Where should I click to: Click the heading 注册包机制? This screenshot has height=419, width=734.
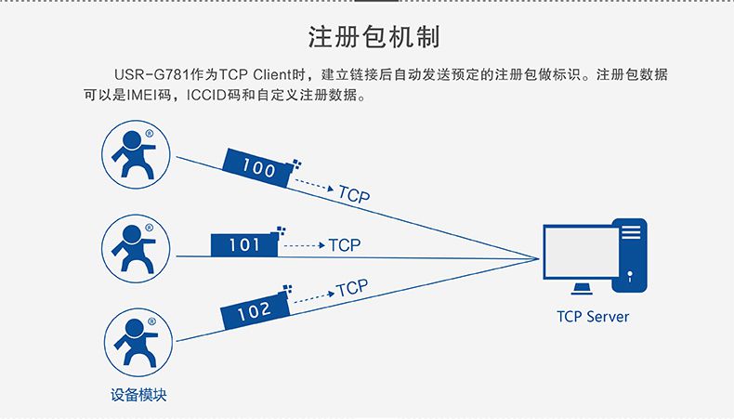coord(374,37)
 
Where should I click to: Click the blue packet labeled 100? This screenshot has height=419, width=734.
coord(259,167)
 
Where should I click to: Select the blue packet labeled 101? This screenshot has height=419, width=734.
coord(247,242)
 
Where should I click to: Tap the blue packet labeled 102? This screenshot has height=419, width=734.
coord(256,308)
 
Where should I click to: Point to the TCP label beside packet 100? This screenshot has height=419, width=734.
coord(354,194)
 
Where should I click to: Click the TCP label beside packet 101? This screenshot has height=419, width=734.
coord(345,245)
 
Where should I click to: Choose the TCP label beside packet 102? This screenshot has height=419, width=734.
coord(351,288)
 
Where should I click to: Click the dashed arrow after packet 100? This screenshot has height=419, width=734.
coord(314,185)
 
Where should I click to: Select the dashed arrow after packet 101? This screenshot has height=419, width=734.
coord(304,245)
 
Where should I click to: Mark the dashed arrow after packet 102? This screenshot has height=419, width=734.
coord(314,297)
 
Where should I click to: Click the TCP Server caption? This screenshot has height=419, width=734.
coord(593,317)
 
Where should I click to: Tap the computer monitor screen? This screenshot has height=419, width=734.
coord(582,252)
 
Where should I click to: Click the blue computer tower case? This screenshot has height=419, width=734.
coord(630,255)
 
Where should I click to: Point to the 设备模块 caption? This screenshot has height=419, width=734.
coord(138,395)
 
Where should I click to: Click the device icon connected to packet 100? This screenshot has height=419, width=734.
coord(136,154)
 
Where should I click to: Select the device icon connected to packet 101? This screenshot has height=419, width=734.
coord(136,249)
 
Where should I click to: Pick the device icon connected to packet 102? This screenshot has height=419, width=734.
coord(138,342)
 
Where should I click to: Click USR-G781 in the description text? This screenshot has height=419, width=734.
coord(151,74)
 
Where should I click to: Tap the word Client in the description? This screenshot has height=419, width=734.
coord(272,74)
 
